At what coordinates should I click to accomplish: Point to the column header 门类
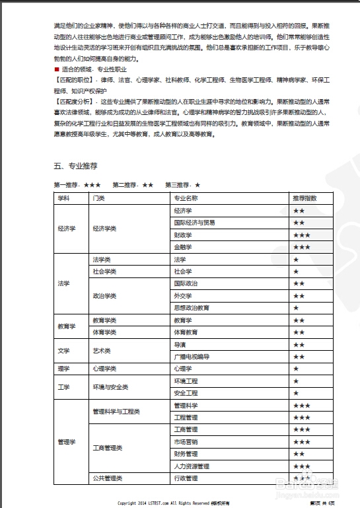[x=99, y=198]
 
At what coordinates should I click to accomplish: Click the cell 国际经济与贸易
[x=194, y=223]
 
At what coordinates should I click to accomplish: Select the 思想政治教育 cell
[x=191, y=308]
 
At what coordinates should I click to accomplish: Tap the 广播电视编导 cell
[x=191, y=357]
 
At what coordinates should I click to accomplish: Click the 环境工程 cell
[x=185, y=381]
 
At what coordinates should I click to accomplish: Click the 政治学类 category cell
[x=104, y=296]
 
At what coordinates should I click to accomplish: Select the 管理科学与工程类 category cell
[x=116, y=412]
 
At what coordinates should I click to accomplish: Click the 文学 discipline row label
[x=63, y=351]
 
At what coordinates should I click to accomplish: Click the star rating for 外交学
[x=299, y=295]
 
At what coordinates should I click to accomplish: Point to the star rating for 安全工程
[x=296, y=393]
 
